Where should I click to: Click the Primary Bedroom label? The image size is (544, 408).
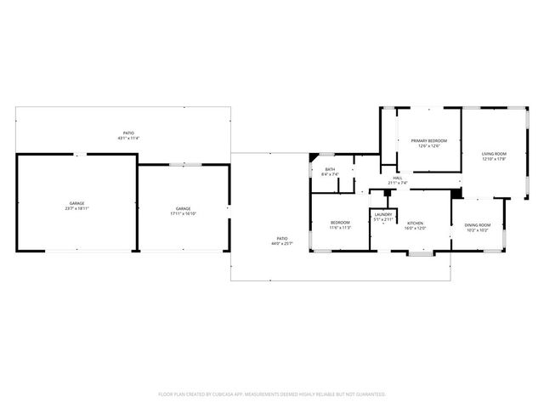[429, 140]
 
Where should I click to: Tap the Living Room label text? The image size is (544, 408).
[494, 154]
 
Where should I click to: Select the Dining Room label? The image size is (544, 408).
[476, 224]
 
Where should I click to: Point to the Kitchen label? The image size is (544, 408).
[415, 223]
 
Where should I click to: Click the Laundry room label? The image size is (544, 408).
[383, 215]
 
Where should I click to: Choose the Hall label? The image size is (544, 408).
[398, 178]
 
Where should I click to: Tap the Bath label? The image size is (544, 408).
[330, 169]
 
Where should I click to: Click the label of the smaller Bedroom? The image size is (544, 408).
[340, 223]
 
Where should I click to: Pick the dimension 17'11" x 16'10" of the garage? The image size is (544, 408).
[183, 213]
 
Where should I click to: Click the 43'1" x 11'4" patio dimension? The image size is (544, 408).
[128, 138]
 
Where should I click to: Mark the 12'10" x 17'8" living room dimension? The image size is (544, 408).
[494, 159]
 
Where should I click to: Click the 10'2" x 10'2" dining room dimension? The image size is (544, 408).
[476, 229]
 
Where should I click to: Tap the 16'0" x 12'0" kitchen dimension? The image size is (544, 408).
[415, 228]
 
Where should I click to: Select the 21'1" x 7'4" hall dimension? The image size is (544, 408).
[398, 183]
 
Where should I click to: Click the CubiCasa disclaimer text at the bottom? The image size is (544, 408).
[272, 394]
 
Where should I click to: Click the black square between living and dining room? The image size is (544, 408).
[456, 193]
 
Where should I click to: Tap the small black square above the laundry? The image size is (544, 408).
[388, 192]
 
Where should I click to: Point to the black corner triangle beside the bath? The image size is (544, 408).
[314, 157]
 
